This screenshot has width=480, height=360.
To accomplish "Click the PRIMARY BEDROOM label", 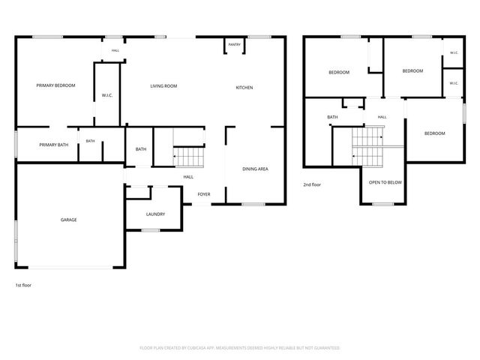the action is (55, 85).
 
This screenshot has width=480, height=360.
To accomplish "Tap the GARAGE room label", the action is (68, 220).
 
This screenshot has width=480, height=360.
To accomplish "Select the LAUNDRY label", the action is (155, 214).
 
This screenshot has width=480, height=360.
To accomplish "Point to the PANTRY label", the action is (235, 45).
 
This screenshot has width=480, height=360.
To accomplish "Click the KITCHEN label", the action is (244, 88).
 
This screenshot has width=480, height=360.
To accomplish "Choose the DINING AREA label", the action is (255, 169).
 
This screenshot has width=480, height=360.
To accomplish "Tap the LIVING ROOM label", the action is (163, 86).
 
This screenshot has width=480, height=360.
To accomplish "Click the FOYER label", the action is (204, 194).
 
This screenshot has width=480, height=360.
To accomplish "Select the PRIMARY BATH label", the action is (54, 145).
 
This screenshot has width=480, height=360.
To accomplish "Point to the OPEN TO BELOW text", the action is (385, 182).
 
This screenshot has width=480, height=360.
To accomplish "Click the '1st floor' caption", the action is (23, 285).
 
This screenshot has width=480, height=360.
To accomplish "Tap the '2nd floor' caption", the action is (312, 185).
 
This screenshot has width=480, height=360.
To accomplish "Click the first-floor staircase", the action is (189, 157).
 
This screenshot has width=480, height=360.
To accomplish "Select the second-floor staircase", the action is (367, 147).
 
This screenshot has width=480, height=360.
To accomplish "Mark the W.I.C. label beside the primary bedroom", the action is (107, 95).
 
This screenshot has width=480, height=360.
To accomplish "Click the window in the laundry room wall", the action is (150, 230).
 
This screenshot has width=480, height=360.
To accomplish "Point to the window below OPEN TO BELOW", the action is (383, 204).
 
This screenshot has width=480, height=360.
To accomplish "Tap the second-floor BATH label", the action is (332, 117).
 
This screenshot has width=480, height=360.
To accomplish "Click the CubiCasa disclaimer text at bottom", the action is (240, 348).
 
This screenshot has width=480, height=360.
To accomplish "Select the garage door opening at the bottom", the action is (70, 268).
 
